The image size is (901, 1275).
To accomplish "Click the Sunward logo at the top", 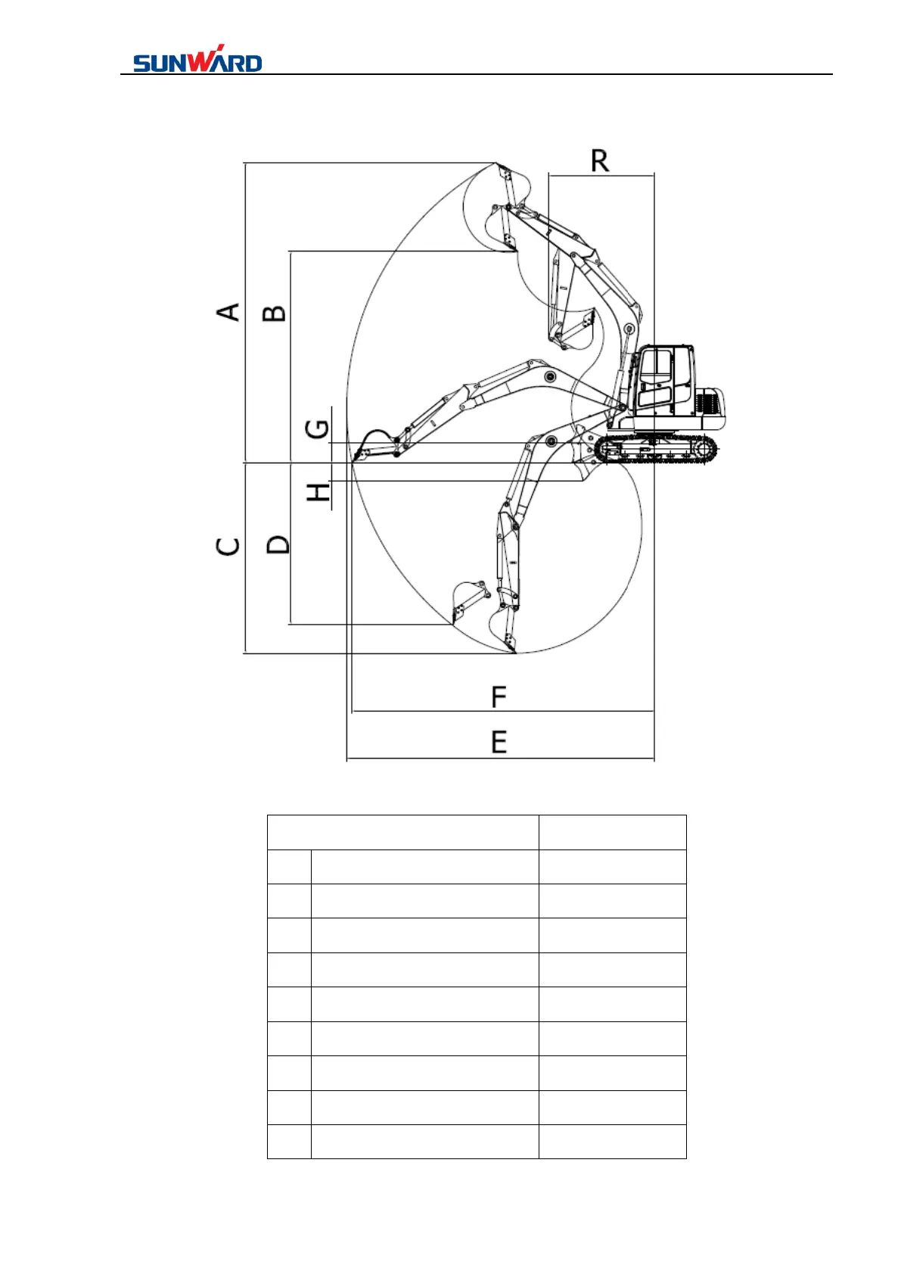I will pos(197,60).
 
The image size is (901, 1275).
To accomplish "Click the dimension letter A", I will pos(228,311).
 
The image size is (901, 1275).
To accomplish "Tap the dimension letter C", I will pos(228,545).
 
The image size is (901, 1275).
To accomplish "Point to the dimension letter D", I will pos(278,544).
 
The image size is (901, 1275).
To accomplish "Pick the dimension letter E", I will pos(499,741).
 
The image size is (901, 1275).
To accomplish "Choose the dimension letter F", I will pos(499,697).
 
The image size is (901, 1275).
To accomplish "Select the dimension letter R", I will pos(599,161).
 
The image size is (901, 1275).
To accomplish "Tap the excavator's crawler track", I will pos(655,449).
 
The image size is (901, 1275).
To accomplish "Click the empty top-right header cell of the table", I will pos(612,832).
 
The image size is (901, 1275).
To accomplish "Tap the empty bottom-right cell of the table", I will pos(612,1142).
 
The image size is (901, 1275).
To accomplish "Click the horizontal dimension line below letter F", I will pos(503,712).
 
